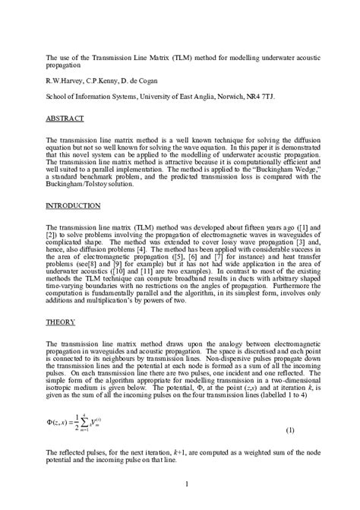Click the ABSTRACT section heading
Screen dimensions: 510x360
(x=62, y=119)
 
